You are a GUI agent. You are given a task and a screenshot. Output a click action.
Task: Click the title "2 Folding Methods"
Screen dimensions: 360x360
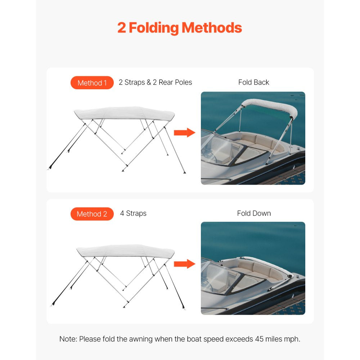(180, 28)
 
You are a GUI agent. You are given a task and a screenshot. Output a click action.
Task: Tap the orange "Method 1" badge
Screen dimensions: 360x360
(92, 83)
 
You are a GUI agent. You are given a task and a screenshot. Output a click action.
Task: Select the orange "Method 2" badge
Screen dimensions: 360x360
(92, 214)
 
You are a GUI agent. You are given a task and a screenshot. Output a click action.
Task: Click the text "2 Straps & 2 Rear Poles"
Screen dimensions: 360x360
(155, 82)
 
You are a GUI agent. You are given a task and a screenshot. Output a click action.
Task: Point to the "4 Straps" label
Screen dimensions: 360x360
(133, 213)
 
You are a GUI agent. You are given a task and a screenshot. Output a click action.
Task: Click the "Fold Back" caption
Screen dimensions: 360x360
(253, 82)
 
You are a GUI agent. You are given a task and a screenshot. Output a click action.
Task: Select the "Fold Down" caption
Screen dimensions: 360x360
(254, 213)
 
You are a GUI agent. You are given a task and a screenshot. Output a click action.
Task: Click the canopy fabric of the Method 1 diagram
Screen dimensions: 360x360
(124, 113)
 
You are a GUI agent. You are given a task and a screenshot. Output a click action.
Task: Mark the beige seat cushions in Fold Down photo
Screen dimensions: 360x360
(256, 270)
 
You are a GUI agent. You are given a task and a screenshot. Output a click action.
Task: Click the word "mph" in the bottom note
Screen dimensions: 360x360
(292, 339)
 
